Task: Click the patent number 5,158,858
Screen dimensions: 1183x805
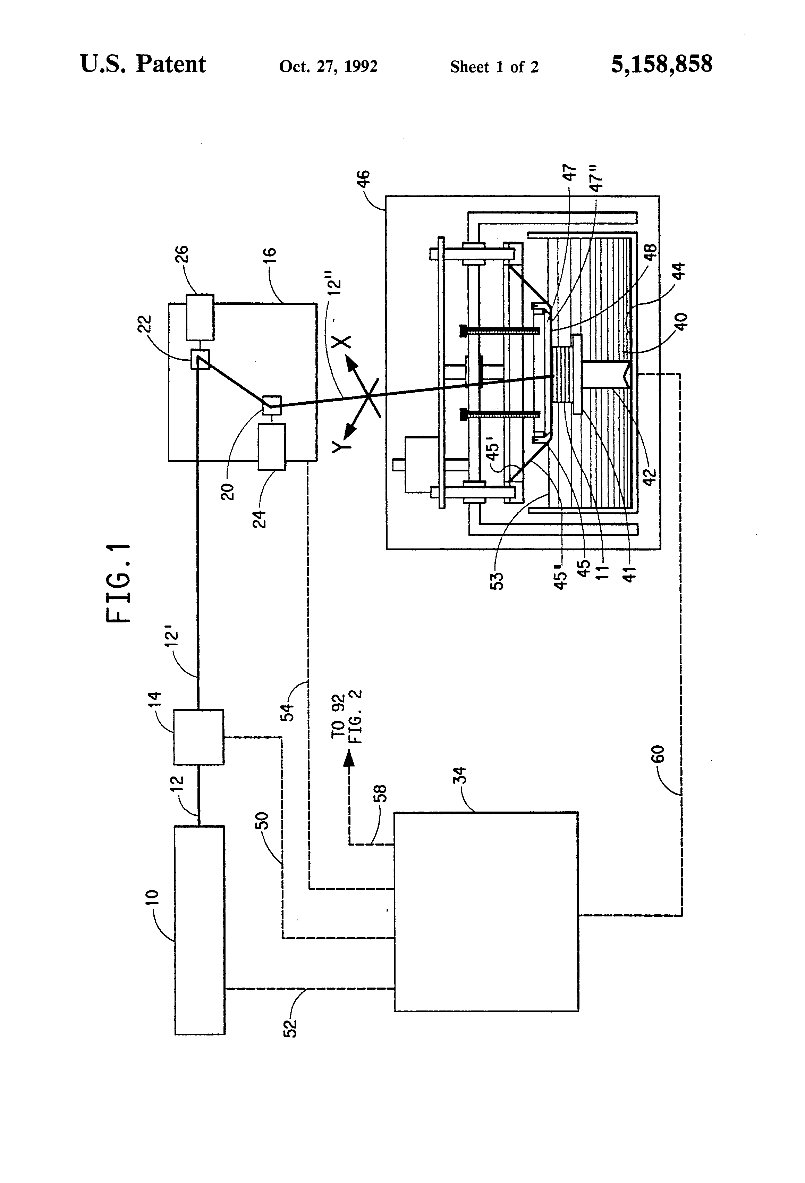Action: click(x=661, y=65)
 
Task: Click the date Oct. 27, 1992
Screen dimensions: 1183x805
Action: click(x=328, y=67)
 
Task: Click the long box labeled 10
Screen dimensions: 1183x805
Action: click(x=200, y=930)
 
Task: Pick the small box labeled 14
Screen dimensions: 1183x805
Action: click(x=198, y=737)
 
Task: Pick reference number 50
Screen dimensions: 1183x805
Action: click(x=262, y=820)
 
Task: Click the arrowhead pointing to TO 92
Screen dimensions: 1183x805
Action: click(x=349, y=758)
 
